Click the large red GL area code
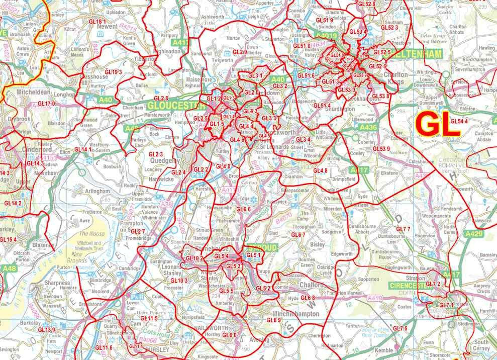439,124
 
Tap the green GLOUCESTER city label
176,106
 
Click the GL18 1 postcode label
97,22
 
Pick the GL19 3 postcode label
113,72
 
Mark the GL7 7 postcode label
404,229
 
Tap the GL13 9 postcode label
47,330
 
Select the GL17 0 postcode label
47,104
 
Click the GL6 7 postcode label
299,235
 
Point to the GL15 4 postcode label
9,239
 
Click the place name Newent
111,26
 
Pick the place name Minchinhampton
295,313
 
